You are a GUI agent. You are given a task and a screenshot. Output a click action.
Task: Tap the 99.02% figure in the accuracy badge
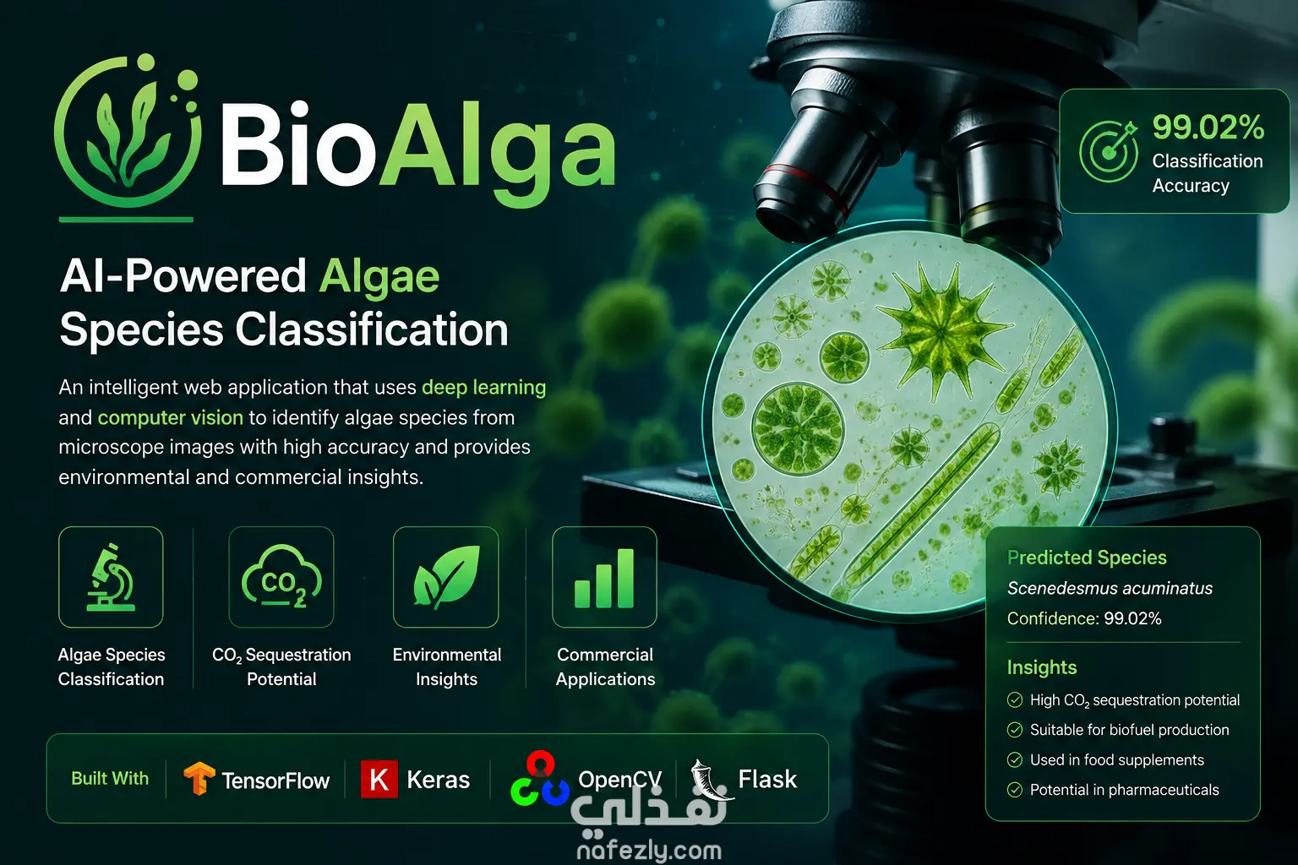click(1208, 127)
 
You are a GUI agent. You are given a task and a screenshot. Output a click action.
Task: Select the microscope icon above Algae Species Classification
click(111, 577)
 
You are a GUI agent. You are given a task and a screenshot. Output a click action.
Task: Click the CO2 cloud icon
click(281, 576)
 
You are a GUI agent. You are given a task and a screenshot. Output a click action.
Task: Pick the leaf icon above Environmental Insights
click(445, 576)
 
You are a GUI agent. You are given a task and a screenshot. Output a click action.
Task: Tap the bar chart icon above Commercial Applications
click(604, 578)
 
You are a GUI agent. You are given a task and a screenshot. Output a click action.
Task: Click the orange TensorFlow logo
click(199, 778)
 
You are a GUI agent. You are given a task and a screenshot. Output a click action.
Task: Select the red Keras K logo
click(379, 779)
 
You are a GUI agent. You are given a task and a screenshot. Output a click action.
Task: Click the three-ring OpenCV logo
click(540, 779)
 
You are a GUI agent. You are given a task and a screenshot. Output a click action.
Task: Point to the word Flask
click(767, 779)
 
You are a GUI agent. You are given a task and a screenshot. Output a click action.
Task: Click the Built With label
click(110, 778)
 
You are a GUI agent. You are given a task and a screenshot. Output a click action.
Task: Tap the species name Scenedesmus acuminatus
click(1110, 588)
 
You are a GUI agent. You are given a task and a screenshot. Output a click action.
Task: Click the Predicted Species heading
click(1087, 558)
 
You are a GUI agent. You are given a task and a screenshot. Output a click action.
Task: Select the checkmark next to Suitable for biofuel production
click(1015, 730)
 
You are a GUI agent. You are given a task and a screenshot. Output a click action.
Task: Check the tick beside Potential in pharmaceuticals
click(1015, 790)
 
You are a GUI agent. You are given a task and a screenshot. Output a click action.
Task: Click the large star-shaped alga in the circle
click(941, 330)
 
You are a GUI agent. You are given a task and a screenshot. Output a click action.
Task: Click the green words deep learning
click(484, 387)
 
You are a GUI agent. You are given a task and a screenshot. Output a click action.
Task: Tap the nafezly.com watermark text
click(649, 851)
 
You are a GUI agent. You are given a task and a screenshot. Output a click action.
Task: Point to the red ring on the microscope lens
click(805, 180)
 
